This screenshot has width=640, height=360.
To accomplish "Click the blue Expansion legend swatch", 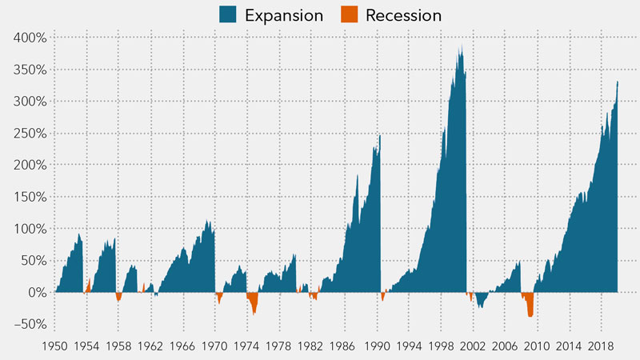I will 229,14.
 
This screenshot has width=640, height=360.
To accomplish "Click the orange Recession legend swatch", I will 349,14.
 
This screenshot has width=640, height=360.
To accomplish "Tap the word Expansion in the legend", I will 284,15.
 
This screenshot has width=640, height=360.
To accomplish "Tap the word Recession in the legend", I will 404,15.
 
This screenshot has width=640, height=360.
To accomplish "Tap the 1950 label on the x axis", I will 54,346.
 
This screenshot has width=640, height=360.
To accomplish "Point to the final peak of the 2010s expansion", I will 617,82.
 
